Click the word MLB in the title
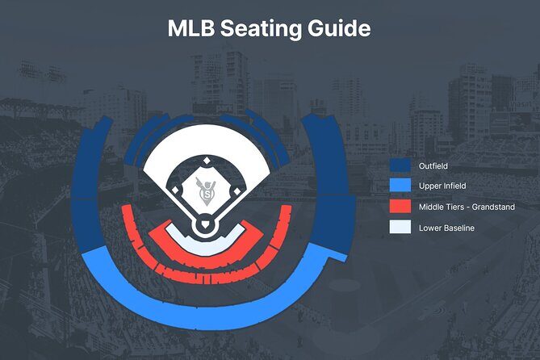click(191, 28)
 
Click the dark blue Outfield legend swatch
click(400, 165)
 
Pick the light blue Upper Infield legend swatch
click(400, 186)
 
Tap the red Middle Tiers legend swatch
click(400, 207)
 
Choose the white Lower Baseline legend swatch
click(400, 228)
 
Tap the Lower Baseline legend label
click(447, 228)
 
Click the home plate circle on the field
click(207, 228)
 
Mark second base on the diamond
click(207, 161)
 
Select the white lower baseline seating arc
click(207, 247)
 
